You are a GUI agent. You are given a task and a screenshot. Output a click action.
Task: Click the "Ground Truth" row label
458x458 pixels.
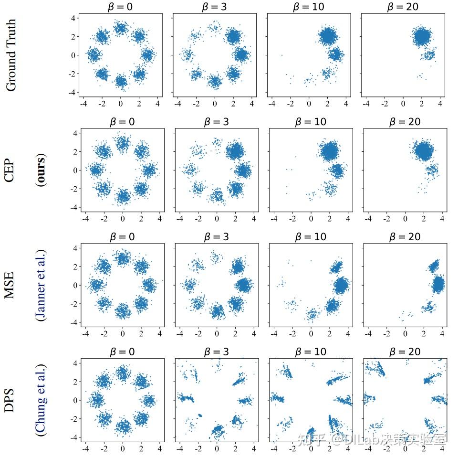(10, 55)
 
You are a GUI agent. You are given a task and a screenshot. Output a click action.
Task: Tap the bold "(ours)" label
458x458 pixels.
(42, 170)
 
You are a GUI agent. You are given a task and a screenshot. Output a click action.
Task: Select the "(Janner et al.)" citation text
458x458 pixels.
(42, 285)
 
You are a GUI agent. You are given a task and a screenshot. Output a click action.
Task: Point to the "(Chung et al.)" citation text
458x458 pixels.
(42, 400)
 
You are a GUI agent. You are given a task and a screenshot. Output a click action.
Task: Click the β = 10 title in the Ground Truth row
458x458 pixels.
(308, 7)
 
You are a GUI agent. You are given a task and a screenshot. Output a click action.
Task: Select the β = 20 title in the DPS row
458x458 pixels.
(405, 352)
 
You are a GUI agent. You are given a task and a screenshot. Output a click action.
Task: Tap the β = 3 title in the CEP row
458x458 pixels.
(216, 122)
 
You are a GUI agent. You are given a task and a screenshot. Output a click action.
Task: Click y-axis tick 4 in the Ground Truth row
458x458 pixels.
(73, 18)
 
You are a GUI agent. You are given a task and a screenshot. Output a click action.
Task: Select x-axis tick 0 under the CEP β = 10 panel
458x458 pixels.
(311, 218)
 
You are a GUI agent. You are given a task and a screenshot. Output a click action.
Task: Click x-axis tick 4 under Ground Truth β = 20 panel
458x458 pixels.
(441, 103)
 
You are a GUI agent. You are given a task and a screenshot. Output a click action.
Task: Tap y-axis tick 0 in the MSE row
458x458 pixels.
(75, 286)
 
